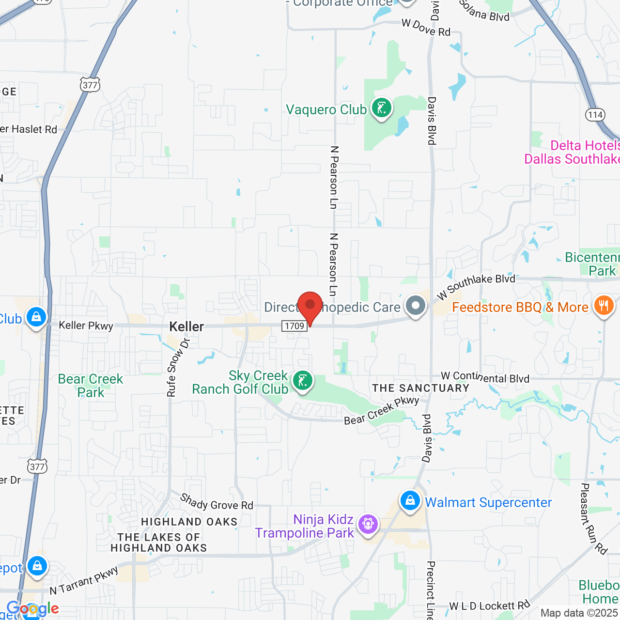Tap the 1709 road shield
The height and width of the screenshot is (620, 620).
pos(294,326)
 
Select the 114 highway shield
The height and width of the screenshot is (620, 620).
pos(595,115)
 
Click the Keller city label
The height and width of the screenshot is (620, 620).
pos(186,327)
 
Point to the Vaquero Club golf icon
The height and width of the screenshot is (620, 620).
pos(381,108)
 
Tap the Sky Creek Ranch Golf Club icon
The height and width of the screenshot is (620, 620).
pos(303,381)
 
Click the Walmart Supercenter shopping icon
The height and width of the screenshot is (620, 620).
pos(410,501)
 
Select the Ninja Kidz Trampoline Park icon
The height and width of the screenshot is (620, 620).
pos(368,524)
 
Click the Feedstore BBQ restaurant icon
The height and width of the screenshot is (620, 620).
pos(604,306)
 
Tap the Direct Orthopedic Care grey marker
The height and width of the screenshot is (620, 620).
pos(416,306)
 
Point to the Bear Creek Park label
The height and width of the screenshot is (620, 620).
pos(91,386)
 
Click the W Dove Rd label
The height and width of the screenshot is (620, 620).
pos(426,28)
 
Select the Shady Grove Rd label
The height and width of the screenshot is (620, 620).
pos(217,502)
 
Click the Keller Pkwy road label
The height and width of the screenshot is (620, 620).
pos(86,325)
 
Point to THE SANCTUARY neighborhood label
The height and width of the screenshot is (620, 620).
pos(421,388)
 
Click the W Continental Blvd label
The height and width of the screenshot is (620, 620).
pos(485,377)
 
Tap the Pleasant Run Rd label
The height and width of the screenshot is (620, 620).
pos(593,518)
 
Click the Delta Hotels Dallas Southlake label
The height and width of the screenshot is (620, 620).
pos(572,152)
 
